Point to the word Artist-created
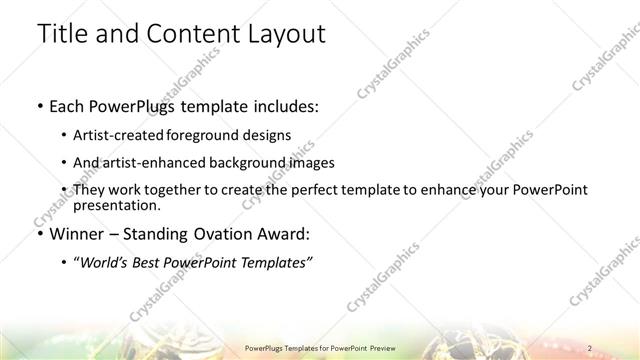click(x=122, y=135)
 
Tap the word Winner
click(x=77, y=235)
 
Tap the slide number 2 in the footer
click(x=590, y=347)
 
